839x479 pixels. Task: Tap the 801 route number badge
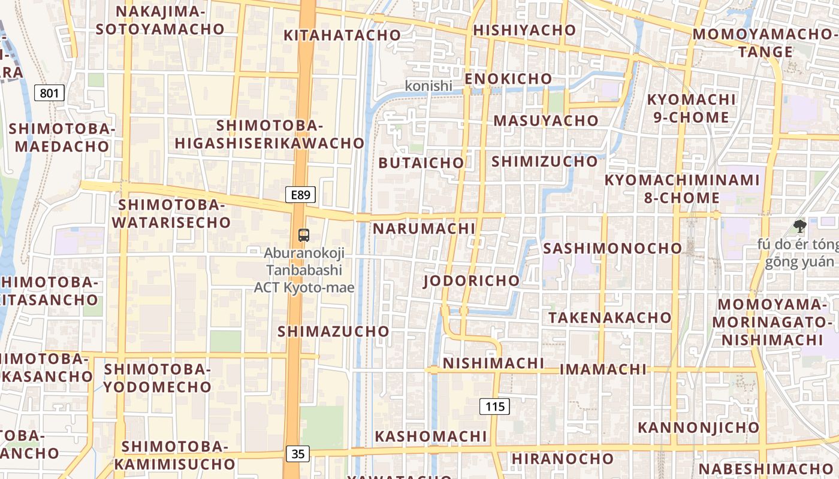click(50, 93)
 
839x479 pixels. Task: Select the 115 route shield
click(494, 407)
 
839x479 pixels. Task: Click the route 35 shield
click(298, 454)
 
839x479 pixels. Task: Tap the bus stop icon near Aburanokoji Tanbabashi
click(304, 235)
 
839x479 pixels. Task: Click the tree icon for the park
click(799, 226)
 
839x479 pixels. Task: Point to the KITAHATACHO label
click(342, 35)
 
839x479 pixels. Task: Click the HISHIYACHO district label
click(524, 30)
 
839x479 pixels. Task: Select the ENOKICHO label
click(508, 79)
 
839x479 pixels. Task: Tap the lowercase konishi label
click(428, 86)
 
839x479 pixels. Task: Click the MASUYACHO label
click(546, 120)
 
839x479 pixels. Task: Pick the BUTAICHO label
click(421, 163)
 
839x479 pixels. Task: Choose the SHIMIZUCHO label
click(545, 161)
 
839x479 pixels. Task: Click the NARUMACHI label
click(424, 229)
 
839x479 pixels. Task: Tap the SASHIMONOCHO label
click(612, 248)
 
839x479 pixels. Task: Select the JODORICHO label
click(472, 281)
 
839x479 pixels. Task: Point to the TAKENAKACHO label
click(610, 317)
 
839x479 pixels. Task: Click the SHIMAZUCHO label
click(333, 331)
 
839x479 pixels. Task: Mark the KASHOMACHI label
click(431, 436)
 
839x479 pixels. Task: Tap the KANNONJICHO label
click(698, 428)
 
